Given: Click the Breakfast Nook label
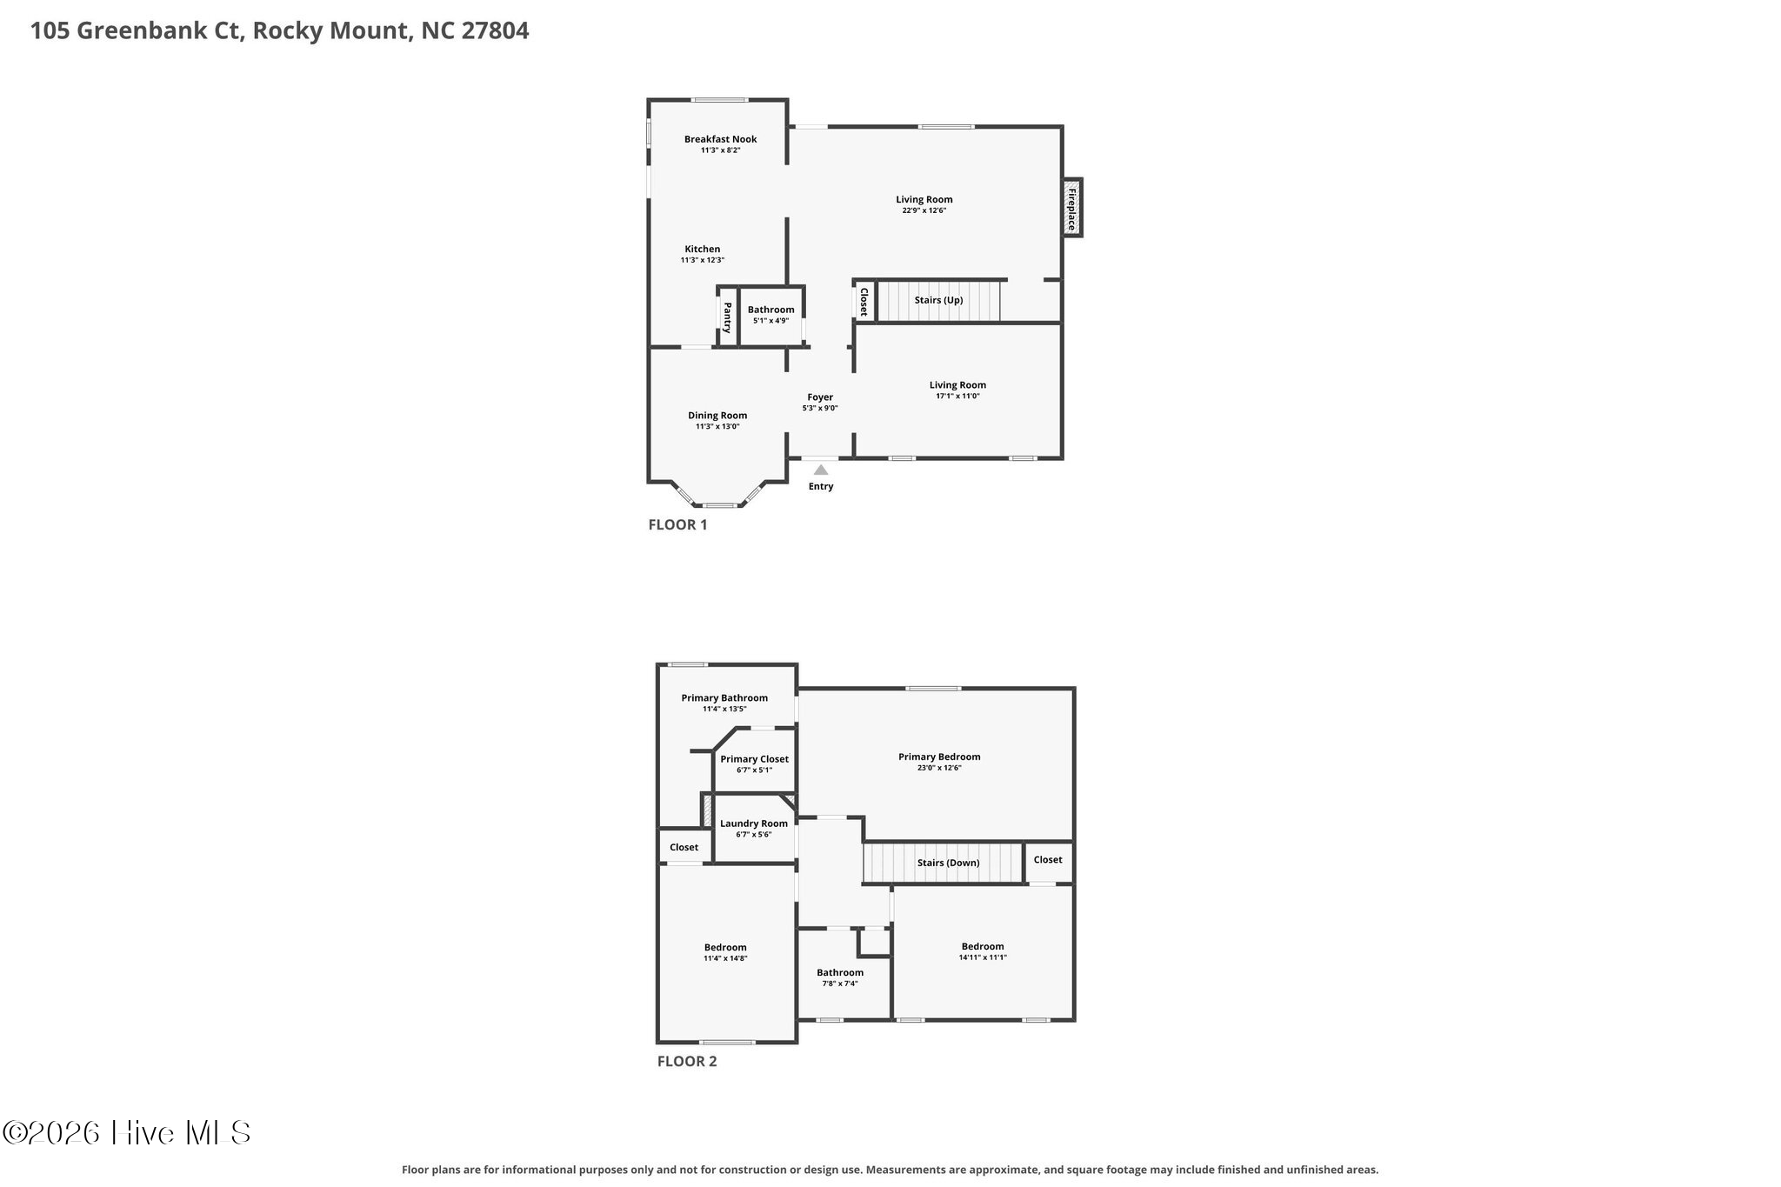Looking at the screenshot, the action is tap(720, 139).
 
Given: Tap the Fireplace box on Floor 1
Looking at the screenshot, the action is tap(1071, 207).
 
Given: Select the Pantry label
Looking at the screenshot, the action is tap(727, 317).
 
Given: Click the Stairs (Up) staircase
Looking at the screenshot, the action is tap(939, 300).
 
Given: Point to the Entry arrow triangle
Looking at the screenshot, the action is tap(821, 470).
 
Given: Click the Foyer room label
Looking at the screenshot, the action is tap(820, 397).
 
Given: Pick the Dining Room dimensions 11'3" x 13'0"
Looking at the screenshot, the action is tap(717, 426).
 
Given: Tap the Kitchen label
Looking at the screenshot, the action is tap(703, 250).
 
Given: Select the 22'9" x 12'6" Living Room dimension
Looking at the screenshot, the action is tap(924, 210).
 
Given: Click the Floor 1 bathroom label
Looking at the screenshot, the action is tap(771, 310).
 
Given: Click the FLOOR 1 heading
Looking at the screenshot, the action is tap(678, 524).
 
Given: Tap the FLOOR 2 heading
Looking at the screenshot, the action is tap(687, 1061).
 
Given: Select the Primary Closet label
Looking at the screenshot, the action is tap(755, 759).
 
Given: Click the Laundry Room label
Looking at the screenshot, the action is tap(754, 824).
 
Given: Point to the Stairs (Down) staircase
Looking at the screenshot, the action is tap(943, 863).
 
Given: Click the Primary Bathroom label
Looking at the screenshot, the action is tap(724, 697).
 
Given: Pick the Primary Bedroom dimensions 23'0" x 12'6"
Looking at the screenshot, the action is tap(939, 768).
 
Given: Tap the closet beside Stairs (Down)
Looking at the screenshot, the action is tap(1048, 860).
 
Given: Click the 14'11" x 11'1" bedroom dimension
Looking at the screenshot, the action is tap(984, 957).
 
